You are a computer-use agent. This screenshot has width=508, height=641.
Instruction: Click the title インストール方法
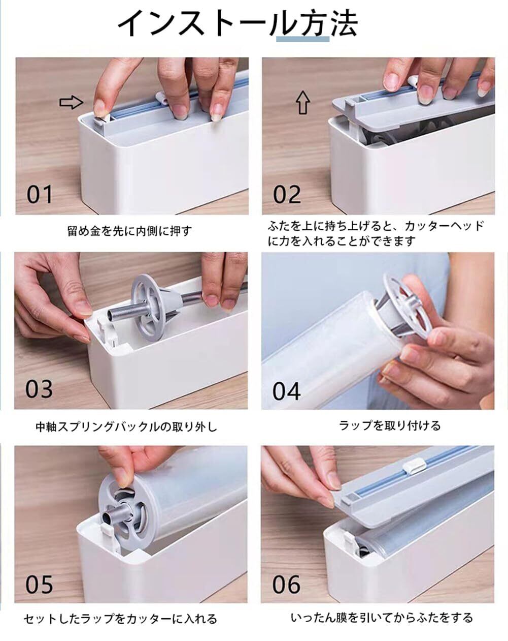238,23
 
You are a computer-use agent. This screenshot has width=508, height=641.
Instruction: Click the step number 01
40,195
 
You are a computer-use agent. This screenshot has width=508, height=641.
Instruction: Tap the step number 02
287,195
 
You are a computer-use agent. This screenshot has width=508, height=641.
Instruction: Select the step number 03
39,389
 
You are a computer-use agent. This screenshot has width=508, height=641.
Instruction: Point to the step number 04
286,391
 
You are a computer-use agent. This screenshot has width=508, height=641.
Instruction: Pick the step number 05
39,585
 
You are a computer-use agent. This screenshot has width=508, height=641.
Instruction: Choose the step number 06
286,585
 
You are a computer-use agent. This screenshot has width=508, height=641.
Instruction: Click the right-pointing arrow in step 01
72,103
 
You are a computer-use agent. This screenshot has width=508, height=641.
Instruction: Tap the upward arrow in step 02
303,103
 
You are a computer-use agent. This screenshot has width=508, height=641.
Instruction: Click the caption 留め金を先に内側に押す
130,231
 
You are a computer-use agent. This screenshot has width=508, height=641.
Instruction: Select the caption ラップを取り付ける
390,425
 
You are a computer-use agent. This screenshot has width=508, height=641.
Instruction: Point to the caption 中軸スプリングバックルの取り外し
126,427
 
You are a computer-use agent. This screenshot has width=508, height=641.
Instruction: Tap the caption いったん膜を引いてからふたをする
382,618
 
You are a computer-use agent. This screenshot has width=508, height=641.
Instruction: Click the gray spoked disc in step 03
148,307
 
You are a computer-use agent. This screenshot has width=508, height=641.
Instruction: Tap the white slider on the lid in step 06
414,467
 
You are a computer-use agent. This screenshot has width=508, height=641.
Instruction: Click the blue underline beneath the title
303,39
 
